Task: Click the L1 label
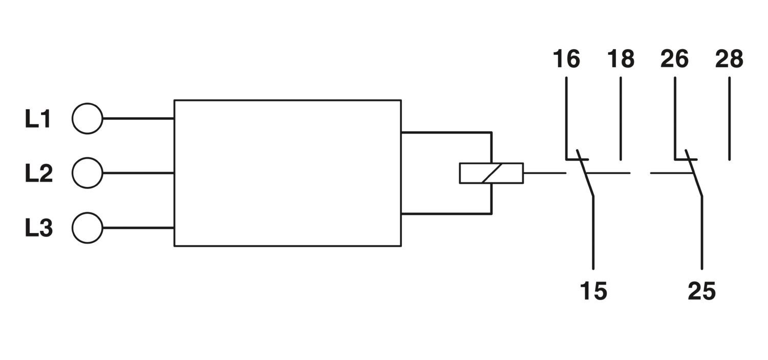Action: (38, 119)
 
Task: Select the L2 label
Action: (39, 173)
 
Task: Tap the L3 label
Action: (39, 228)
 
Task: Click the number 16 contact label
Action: (566, 58)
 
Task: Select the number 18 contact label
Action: (621, 58)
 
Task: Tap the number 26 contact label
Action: (674, 58)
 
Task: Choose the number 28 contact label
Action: (729, 58)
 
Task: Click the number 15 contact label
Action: (593, 291)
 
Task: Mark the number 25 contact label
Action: (702, 291)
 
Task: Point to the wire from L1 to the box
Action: (139, 119)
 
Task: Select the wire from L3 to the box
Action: (139, 228)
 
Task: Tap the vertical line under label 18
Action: (621, 119)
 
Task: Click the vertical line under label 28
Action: (729, 119)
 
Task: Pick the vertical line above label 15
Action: (593, 233)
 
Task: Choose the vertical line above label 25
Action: (702, 233)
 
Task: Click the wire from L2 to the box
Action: (139, 173)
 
